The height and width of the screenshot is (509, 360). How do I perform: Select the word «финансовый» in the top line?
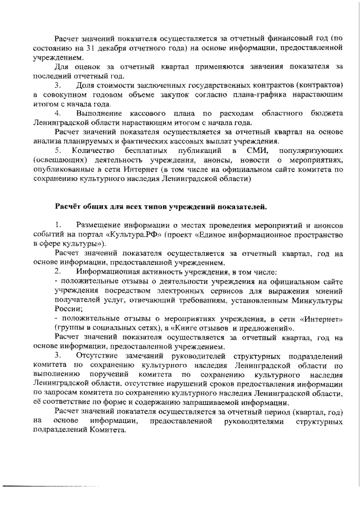[x=280, y=38]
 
